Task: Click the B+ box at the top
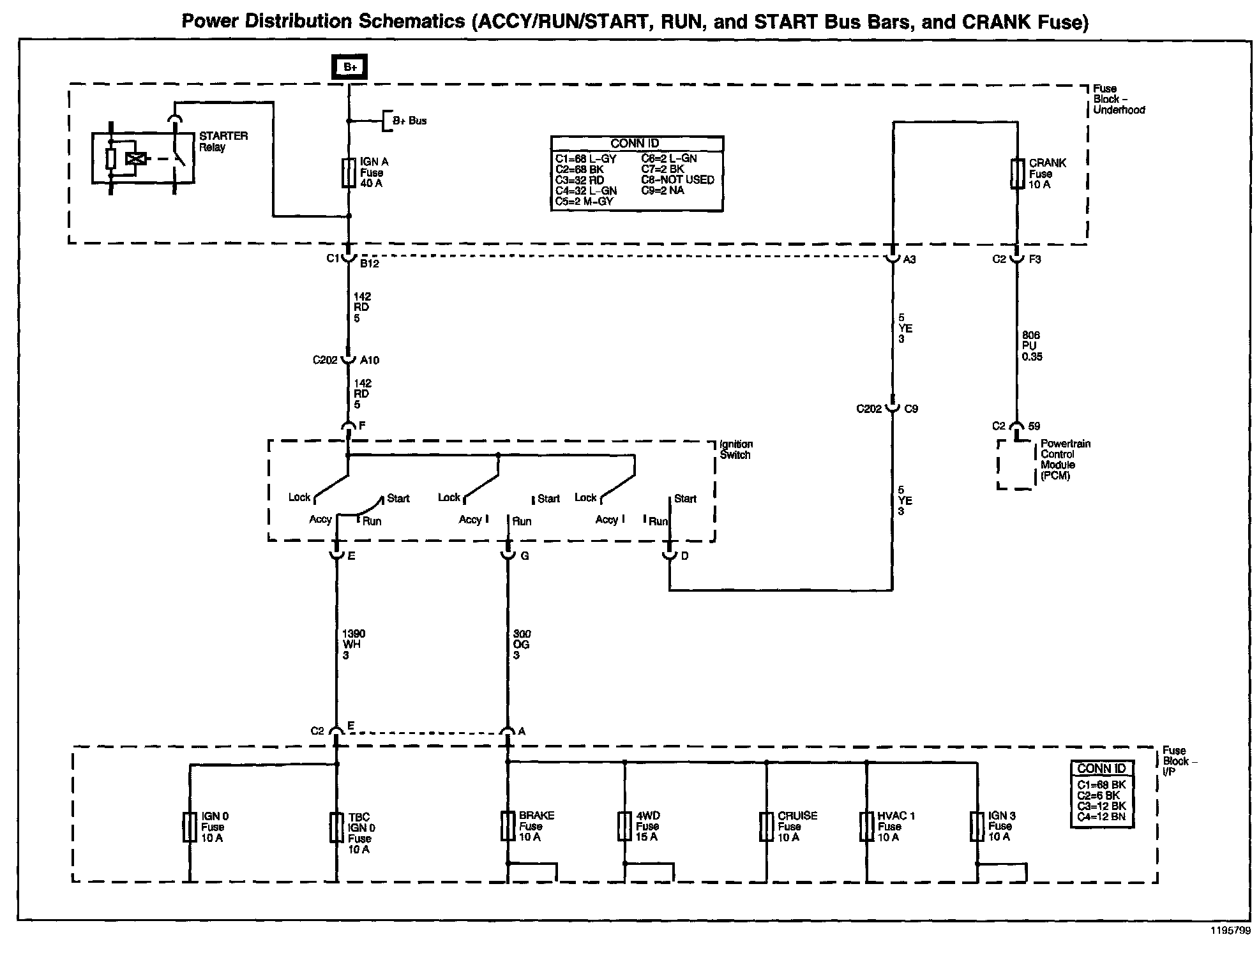tap(349, 67)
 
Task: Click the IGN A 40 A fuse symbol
tap(349, 172)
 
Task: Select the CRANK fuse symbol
tap(1017, 174)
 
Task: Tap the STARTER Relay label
tap(223, 142)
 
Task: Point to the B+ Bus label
tap(409, 121)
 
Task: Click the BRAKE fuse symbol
tap(508, 826)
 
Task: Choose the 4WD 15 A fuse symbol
tap(625, 826)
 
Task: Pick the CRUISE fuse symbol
tap(766, 826)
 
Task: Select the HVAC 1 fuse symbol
tap(866, 826)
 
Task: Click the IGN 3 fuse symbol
tap(977, 826)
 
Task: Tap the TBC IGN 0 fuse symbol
tap(336, 827)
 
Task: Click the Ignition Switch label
tap(736, 449)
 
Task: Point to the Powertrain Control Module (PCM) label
tap(1065, 460)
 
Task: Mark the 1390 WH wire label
tap(353, 644)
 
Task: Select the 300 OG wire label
tap(521, 645)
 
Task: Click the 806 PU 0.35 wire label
tap(1032, 346)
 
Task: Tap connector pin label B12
tap(369, 263)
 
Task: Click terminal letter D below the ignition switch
tap(684, 556)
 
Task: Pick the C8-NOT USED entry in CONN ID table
tap(677, 180)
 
